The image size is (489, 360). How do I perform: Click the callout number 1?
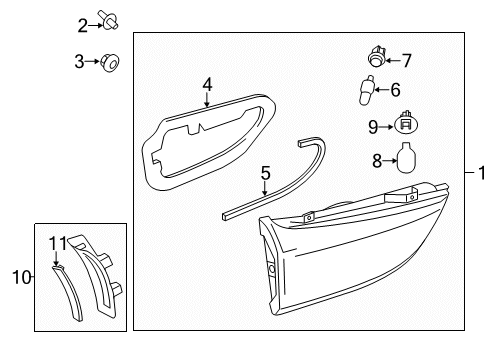tap(481, 172)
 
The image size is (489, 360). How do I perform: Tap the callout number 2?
tap(82, 24)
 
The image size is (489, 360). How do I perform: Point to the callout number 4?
tap(207, 84)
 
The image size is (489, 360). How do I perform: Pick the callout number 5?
tap(265, 172)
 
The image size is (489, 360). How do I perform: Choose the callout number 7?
tap(406, 60)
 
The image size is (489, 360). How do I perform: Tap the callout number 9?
tap(374, 127)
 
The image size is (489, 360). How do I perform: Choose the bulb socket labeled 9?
tap(405, 125)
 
